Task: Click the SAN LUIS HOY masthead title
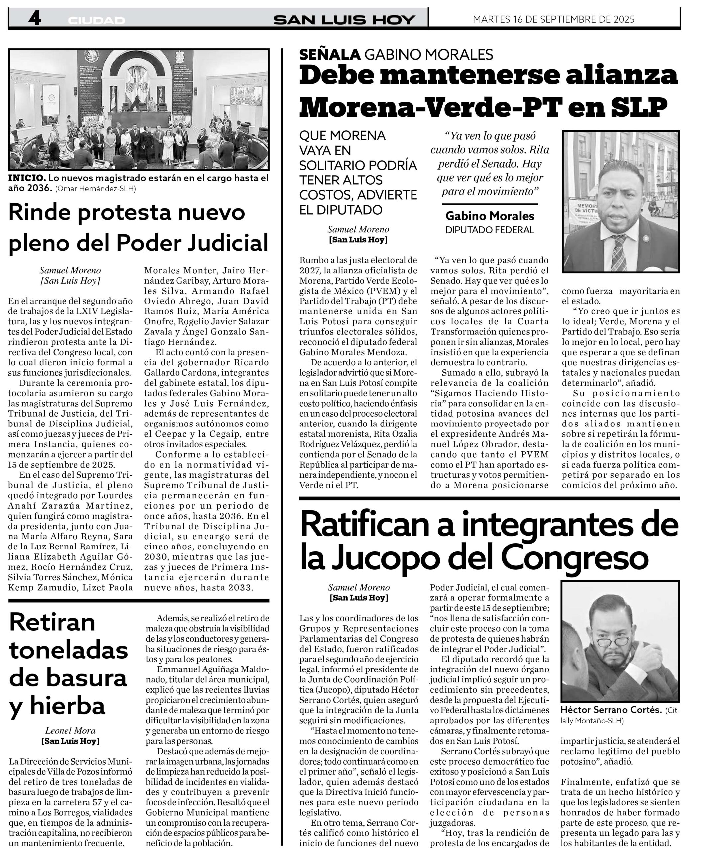[x=344, y=20]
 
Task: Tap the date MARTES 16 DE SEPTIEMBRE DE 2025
[x=553, y=19]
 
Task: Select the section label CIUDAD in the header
[x=96, y=20]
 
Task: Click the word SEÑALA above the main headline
[x=330, y=54]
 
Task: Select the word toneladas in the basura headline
[x=68, y=651]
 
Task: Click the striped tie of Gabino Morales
[x=619, y=252]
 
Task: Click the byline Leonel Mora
[x=70, y=731]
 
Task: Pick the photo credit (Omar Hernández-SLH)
[x=96, y=188]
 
